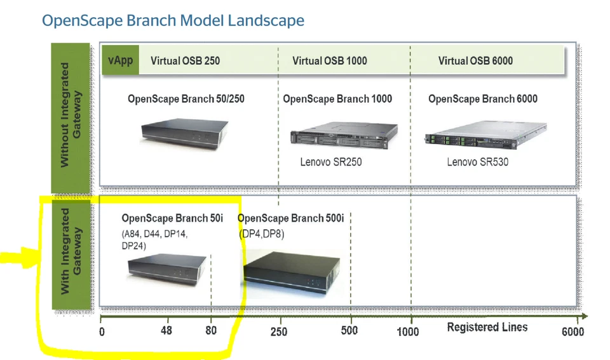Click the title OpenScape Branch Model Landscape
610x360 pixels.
click(173, 21)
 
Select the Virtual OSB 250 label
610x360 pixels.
click(185, 61)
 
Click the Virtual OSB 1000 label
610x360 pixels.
click(329, 61)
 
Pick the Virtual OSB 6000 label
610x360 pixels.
click(475, 61)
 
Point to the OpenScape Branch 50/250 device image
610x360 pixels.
click(184, 131)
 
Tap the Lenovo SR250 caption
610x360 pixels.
click(330, 162)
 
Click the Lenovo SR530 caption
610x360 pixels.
click(477, 162)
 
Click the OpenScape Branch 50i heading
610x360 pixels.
click(172, 218)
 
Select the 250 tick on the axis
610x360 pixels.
click(278, 331)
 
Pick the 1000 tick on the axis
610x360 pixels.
click(409, 331)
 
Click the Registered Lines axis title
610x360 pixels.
click(487, 328)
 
